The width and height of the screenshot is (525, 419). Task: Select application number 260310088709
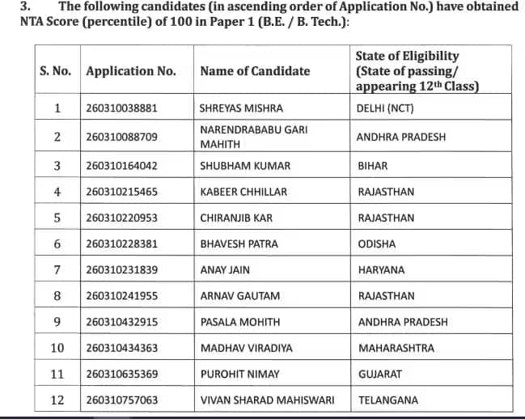pos(121,138)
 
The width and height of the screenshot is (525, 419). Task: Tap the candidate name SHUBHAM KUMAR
pos(234,167)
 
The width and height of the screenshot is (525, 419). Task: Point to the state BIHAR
pos(373,167)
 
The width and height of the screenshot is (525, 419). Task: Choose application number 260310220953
pos(121,218)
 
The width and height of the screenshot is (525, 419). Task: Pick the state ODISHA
pos(377,244)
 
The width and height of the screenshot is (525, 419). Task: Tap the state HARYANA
pos(381,270)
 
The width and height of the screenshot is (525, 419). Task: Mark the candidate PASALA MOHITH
pos(240,322)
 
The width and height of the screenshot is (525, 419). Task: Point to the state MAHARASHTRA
pos(396,349)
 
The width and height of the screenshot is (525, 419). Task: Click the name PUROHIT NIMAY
pos(238,375)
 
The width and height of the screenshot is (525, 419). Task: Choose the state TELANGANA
pos(388,400)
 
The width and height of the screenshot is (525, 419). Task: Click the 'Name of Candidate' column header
pos(255,71)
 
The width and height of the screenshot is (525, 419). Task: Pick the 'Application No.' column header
pos(131,71)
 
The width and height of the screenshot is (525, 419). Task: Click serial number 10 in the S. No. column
pos(57,349)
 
